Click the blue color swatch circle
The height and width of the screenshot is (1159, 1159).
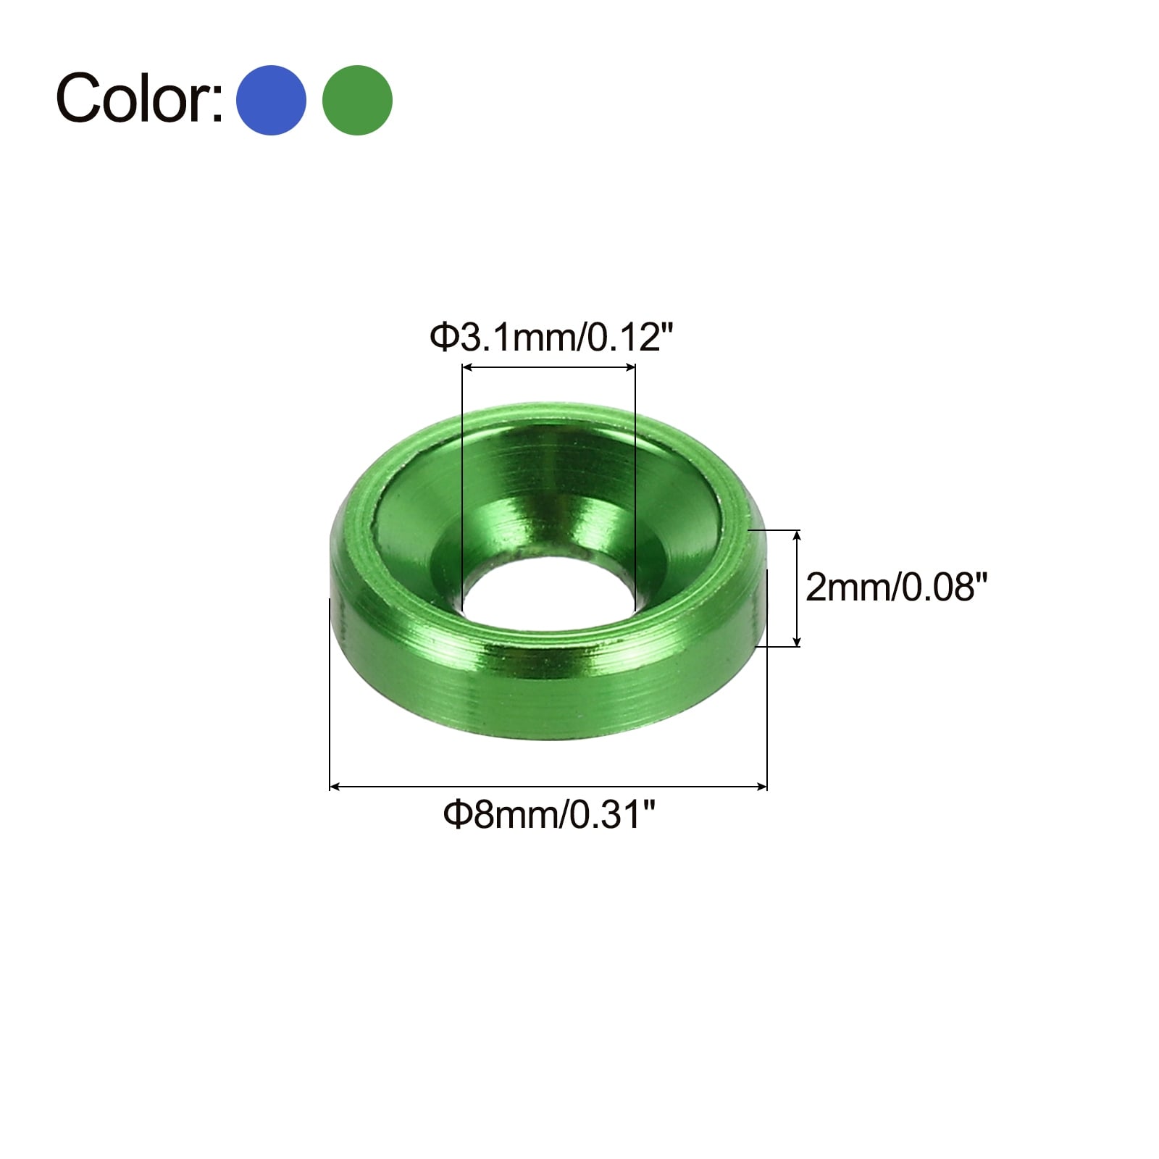pos(271,100)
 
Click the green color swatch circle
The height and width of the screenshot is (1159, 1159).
pos(357,100)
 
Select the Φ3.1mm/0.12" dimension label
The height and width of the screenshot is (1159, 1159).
pos(552,338)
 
